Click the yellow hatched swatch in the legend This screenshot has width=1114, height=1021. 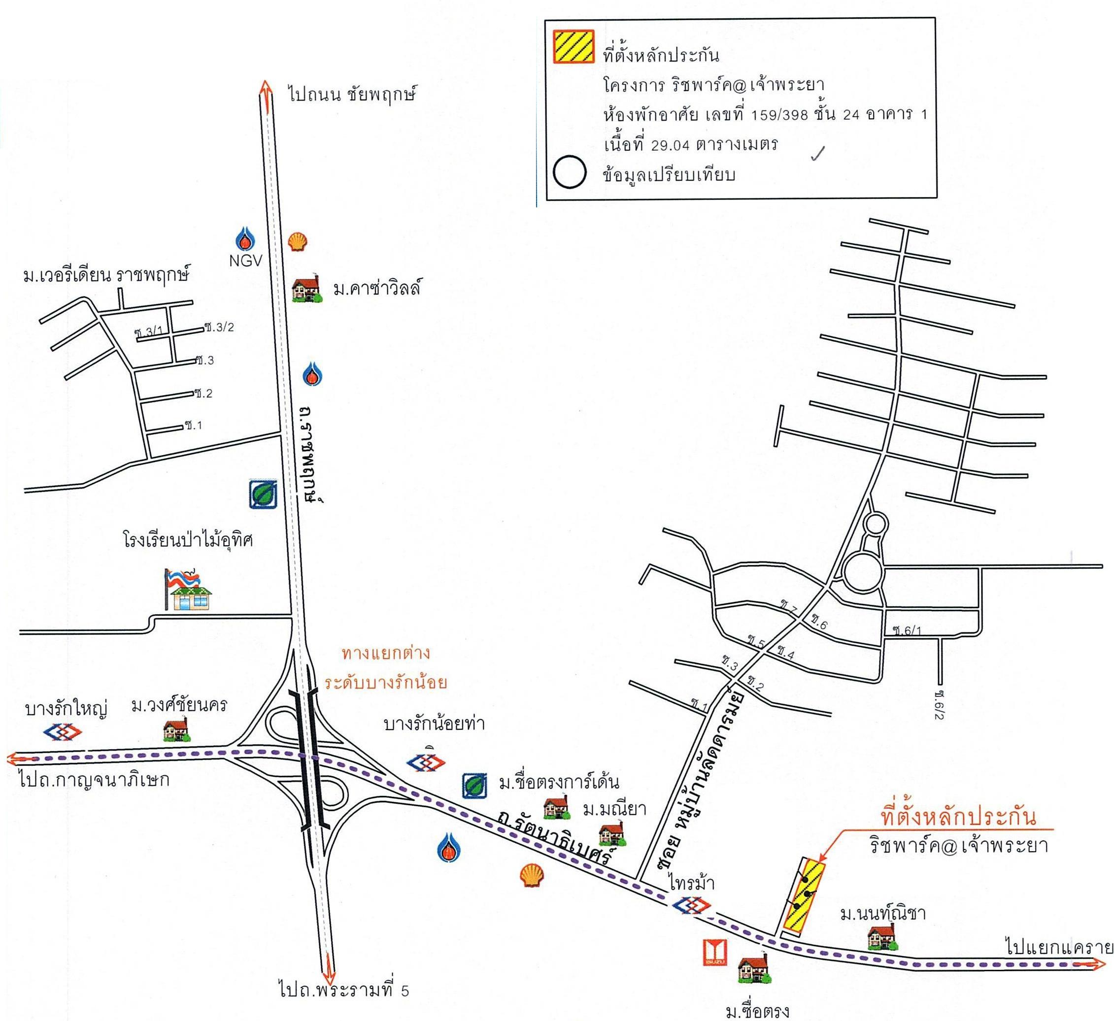[574, 47]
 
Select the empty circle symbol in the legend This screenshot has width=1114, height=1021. [570, 172]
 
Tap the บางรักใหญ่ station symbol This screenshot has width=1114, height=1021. [63, 732]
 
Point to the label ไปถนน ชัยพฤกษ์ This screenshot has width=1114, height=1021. [351, 94]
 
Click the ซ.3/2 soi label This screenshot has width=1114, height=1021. [220, 327]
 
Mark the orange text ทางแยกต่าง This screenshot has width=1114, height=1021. [386, 654]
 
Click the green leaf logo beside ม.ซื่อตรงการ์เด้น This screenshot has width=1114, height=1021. [475, 786]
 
